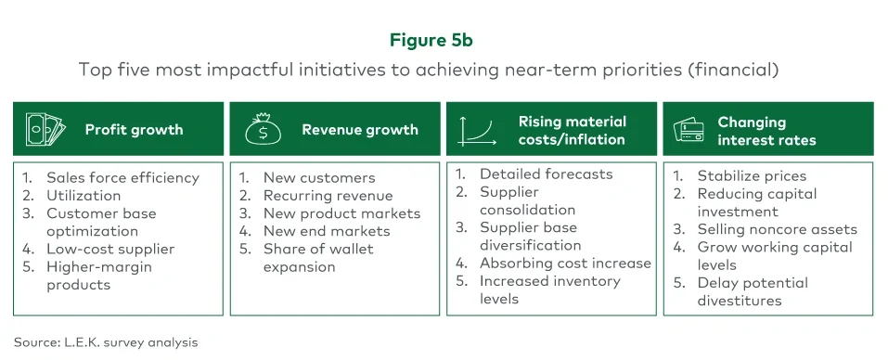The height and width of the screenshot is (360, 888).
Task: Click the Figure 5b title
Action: click(x=444, y=41)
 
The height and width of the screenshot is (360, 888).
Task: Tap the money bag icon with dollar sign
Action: click(x=264, y=129)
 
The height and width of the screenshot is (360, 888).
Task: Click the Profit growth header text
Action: click(x=134, y=130)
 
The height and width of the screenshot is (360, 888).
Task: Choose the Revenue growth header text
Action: click(x=359, y=130)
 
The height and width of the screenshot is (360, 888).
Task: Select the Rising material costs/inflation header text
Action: click(x=572, y=131)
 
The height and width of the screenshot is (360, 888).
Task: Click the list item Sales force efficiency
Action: click(x=122, y=177)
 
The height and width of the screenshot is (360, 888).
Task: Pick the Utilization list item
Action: click(x=84, y=196)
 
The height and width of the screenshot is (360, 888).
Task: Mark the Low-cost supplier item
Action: click(x=110, y=249)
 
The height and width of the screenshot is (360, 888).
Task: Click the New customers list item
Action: click(x=318, y=177)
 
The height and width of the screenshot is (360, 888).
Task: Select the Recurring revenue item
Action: click(x=328, y=196)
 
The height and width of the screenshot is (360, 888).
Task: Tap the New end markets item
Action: click(x=327, y=231)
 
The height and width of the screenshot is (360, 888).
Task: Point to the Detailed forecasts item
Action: click(x=546, y=174)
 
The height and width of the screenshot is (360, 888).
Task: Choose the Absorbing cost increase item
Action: click(x=565, y=263)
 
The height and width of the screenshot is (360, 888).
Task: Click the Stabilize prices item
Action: click(x=752, y=175)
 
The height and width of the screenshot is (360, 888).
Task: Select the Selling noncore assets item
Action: click(x=777, y=229)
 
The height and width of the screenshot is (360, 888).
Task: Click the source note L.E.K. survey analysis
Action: click(x=106, y=342)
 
